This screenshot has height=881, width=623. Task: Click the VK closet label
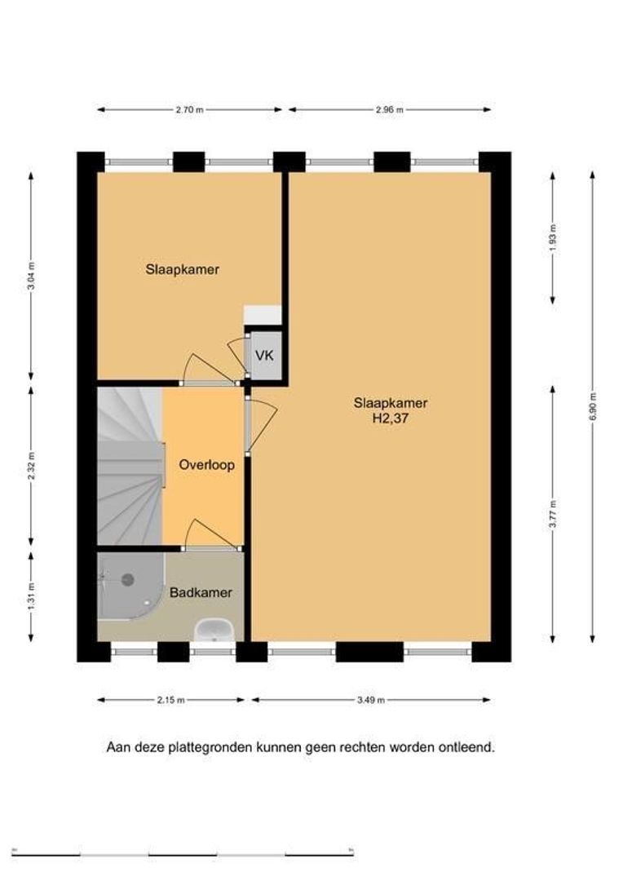[264, 356]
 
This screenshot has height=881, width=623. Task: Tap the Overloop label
[207, 465]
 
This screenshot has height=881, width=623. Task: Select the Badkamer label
[201, 593]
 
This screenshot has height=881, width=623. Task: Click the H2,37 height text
[391, 418]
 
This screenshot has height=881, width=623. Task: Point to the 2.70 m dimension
[189, 110]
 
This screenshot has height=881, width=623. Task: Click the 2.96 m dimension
[390, 110]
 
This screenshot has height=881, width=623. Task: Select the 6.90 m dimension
[593, 407]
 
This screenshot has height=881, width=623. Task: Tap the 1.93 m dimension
[554, 237]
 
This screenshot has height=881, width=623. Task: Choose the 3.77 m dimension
[554, 514]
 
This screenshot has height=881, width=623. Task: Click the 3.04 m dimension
[31, 276]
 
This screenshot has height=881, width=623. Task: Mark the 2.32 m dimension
[31, 466]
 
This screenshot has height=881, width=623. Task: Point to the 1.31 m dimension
[31, 596]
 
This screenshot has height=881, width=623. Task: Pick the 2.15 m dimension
[170, 700]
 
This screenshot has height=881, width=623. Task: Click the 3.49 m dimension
[371, 700]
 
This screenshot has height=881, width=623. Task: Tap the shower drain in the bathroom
[128, 579]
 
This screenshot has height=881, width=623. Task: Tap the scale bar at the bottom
[183, 855]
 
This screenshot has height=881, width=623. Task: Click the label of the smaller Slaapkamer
[183, 269]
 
